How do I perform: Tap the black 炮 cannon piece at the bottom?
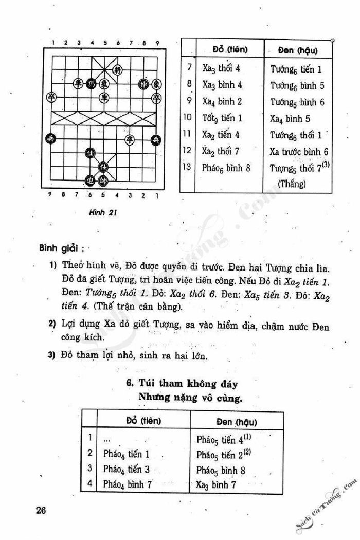(91, 181)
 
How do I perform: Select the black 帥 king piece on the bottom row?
(104, 181)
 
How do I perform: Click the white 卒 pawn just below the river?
(130, 138)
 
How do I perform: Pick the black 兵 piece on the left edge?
(51, 138)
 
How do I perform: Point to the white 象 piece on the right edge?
(156, 83)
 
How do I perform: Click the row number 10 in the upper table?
(187, 118)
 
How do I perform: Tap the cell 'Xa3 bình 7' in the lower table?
(218, 484)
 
